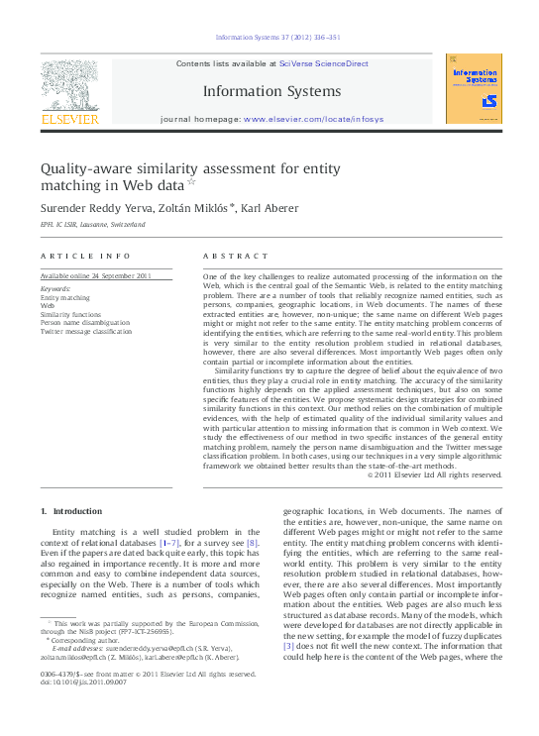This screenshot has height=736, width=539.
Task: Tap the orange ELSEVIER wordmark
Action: (x=69, y=119)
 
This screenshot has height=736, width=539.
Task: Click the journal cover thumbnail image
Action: (x=473, y=88)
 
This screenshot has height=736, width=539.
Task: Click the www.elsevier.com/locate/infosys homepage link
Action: (x=313, y=119)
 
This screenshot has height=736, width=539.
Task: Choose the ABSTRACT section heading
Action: (x=236, y=256)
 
